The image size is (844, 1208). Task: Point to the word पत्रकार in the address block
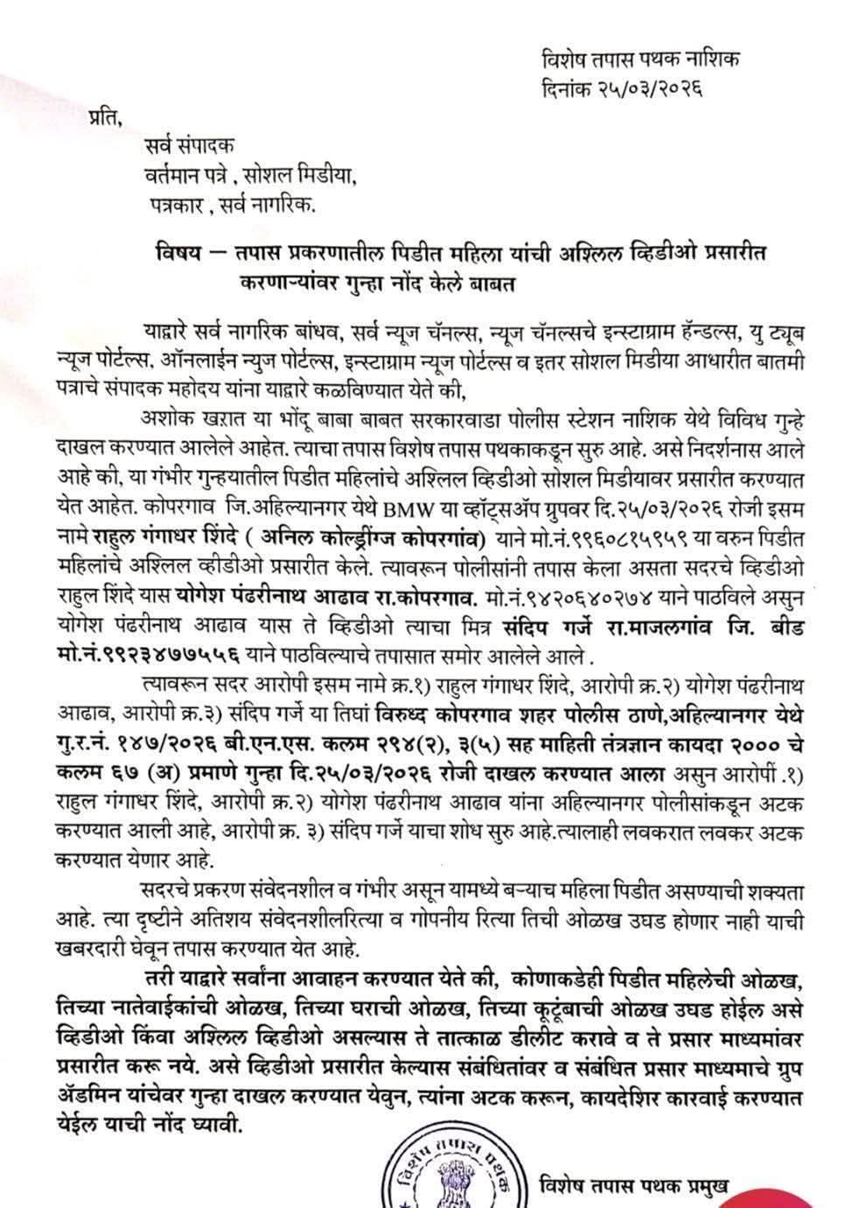(x=175, y=205)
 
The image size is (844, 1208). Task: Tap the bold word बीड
(x=779, y=629)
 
